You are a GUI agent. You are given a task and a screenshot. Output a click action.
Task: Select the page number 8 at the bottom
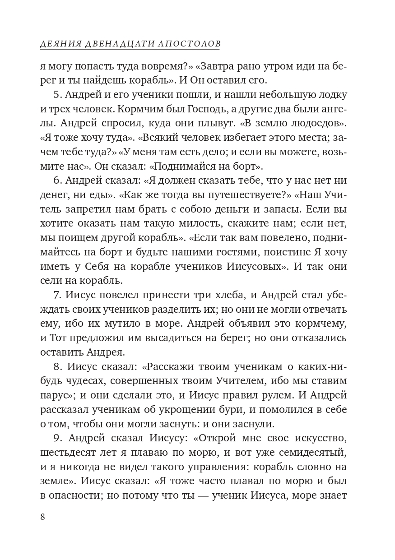[x=42, y=517]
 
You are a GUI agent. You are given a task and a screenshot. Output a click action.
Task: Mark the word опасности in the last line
[x=74, y=496]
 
